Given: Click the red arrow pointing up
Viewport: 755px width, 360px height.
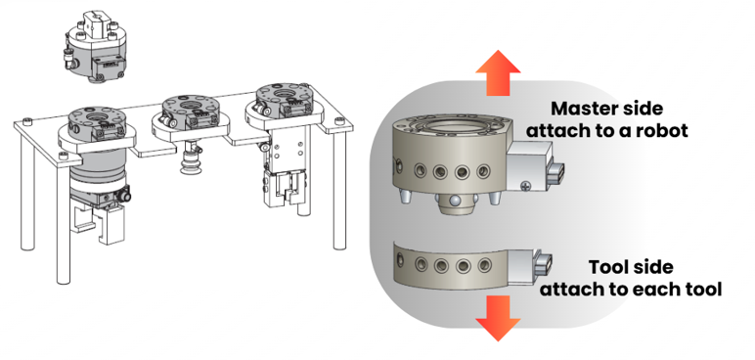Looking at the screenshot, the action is (498, 72).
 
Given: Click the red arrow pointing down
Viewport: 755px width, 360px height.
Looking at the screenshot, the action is (498, 318).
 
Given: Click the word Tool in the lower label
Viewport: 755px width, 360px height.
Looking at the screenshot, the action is (606, 267).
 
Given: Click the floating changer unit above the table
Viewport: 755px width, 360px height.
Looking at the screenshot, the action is (96, 47).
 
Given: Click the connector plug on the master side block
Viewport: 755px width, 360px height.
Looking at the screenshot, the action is (556, 174).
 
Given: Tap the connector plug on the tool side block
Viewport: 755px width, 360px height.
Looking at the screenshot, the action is (544, 265).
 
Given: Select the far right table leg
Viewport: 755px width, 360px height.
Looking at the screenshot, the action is (339, 190).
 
